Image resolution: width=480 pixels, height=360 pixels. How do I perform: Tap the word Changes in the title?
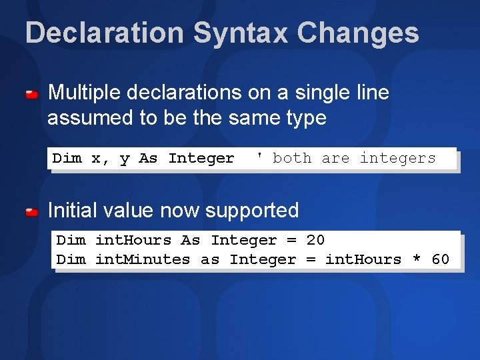pos(358,33)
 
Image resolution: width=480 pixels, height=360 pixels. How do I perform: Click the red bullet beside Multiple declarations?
pos(31,96)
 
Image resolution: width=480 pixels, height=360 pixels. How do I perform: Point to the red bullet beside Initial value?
pos(31,213)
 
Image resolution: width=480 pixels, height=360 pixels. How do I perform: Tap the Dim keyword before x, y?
pos(67,158)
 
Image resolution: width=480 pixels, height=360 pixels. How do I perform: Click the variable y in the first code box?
pos(124,159)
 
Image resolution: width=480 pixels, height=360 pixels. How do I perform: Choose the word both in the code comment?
pos(292,158)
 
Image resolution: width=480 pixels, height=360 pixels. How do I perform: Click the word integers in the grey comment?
pos(397,158)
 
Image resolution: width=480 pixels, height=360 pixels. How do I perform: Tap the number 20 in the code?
pos(315,240)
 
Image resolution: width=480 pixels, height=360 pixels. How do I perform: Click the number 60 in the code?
pos(440,259)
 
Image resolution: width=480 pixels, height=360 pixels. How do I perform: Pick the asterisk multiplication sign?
pos(417,259)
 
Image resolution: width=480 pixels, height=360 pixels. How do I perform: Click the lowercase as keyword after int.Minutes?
pos(210,259)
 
